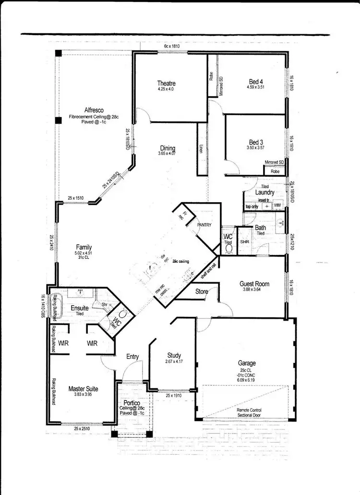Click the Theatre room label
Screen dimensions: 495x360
point(167,83)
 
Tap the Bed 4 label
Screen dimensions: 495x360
point(256,81)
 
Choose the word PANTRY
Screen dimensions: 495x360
point(204,224)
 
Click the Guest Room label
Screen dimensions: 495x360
point(254,284)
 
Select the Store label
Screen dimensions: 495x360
point(201,291)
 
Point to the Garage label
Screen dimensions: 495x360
point(247,363)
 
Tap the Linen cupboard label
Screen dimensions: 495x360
point(202,149)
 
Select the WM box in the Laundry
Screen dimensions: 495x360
point(277,205)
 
